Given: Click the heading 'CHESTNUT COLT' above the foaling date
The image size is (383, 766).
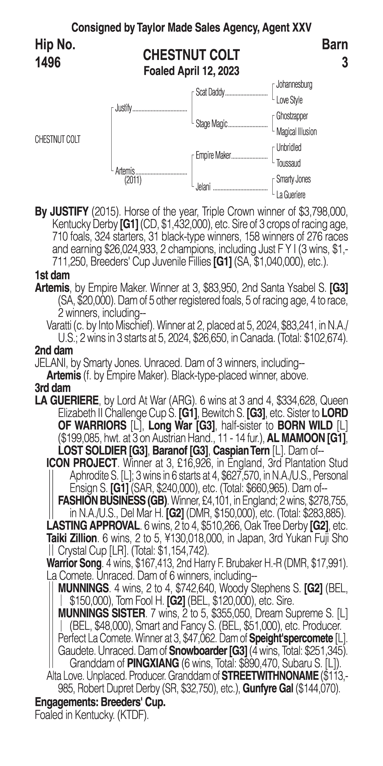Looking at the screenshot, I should [191, 55].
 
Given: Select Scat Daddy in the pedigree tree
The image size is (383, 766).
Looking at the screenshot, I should [210, 93].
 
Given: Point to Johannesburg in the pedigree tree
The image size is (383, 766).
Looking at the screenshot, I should [294, 85].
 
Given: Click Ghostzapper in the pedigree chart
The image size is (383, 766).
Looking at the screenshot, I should [292, 116].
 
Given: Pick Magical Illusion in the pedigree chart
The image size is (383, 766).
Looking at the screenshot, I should [296, 132].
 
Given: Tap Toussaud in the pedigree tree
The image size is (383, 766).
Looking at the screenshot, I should [288, 163].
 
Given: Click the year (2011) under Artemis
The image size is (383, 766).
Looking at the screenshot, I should [133, 180].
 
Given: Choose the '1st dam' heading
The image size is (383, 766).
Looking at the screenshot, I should [52, 275].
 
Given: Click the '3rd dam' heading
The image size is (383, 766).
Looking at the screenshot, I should [53, 388].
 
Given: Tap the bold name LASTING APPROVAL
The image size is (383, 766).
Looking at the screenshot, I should [93, 526].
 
